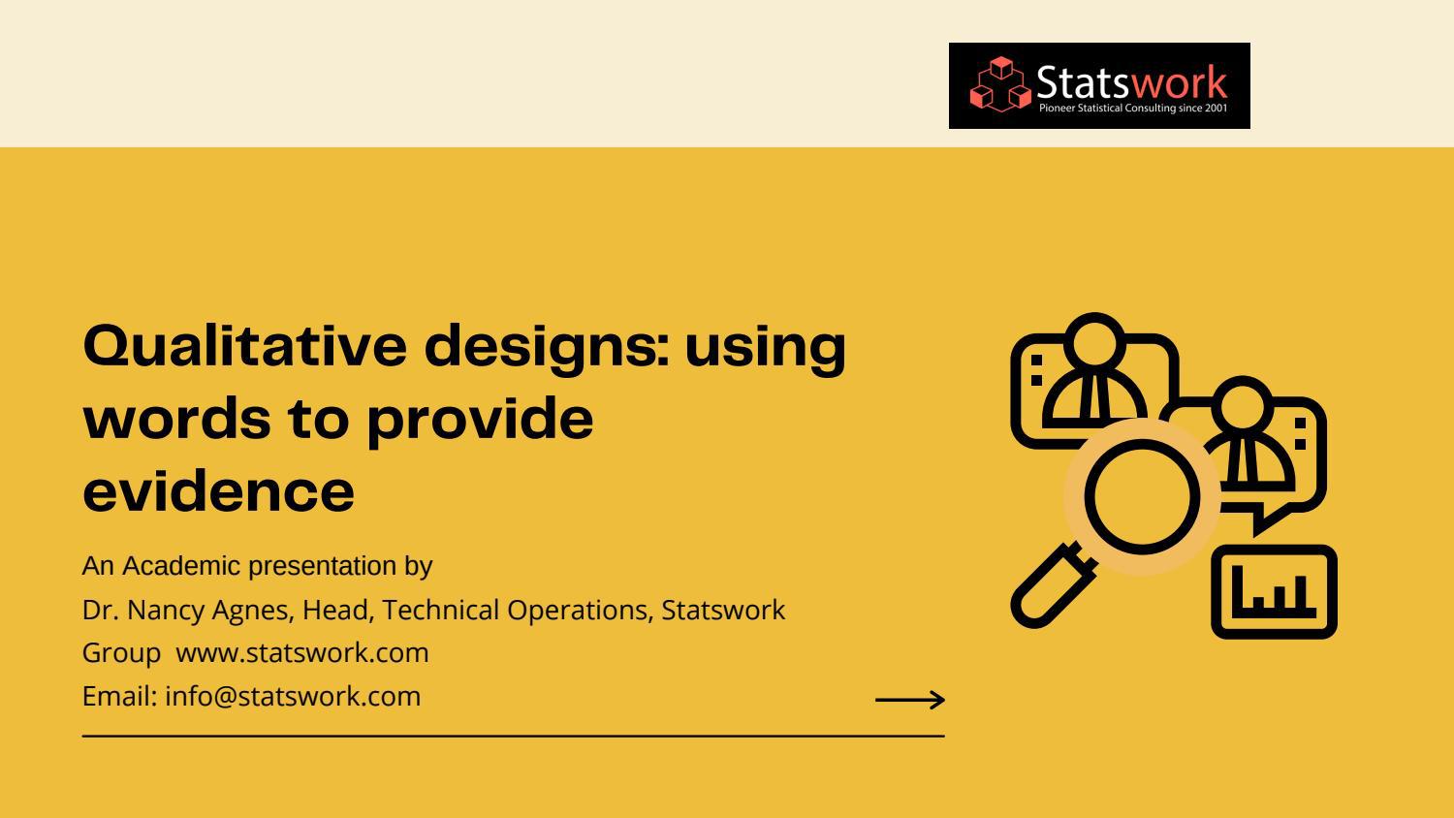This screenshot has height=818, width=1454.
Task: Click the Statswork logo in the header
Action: [x=1098, y=85]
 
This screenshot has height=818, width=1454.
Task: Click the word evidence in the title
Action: [x=218, y=490]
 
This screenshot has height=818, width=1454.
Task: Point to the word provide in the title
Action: [x=480, y=420]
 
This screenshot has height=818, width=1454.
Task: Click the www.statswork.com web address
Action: [x=301, y=653]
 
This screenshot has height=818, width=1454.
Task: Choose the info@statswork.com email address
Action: [x=293, y=697]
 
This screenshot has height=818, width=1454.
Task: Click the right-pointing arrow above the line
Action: [x=909, y=700]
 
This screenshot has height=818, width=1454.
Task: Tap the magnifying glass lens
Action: [x=1141, y=495]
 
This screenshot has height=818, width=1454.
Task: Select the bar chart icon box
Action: [x=1274, y=591]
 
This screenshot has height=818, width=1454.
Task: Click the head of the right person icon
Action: [x=1243, y=404]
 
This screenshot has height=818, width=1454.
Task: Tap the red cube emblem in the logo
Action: [x=1000, y=84]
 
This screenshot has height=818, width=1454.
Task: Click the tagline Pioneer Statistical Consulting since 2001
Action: [x=1132, y=109]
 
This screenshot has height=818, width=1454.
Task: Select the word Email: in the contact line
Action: [x=119, y=697]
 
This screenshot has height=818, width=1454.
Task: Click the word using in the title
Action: [x=765, y=347]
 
